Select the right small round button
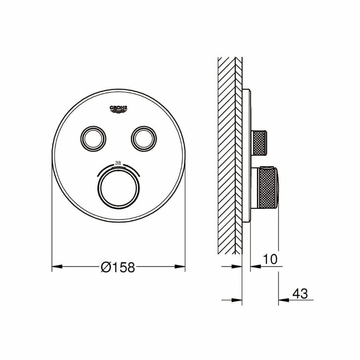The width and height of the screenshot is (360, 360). pyautogui.click(x=142, y=139)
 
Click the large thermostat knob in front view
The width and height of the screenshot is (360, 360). pyautogui.click(x=119, y=188)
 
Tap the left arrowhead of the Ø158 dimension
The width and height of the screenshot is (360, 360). pyautogui.click(x=56, y=266)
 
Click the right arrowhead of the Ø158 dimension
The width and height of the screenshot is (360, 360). pyautogui.click(x=181, y=266)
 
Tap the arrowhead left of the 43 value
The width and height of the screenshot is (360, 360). pyautogui.click(x=282, y=300)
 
